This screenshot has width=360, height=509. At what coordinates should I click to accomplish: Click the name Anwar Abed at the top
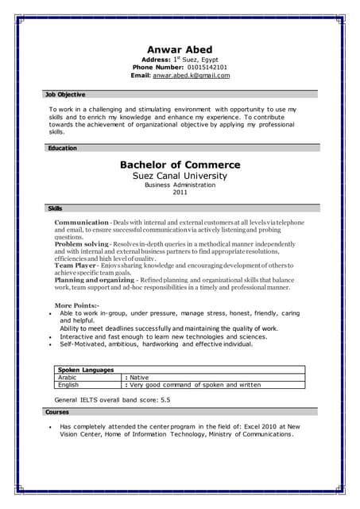point(180,49)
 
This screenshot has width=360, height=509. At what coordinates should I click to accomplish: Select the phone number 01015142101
point(200,68)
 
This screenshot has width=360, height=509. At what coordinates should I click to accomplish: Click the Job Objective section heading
point(66,94)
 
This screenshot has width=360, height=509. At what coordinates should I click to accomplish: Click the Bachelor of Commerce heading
point(180,165)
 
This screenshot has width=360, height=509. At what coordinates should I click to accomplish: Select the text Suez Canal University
point(180,176)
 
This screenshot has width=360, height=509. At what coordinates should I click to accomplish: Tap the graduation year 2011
point(180,192)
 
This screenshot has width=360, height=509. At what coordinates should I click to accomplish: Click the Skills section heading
point(56,208)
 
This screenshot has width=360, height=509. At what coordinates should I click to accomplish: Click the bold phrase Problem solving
point(81,243)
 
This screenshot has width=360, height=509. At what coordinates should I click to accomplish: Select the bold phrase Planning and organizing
point(94,280)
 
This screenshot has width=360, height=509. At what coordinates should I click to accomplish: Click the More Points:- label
point(76,305)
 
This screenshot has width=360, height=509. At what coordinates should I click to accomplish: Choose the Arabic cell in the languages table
point(68,377)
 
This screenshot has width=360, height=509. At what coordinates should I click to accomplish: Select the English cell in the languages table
point(68,384)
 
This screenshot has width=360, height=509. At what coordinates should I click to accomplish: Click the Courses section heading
point(58,412)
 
